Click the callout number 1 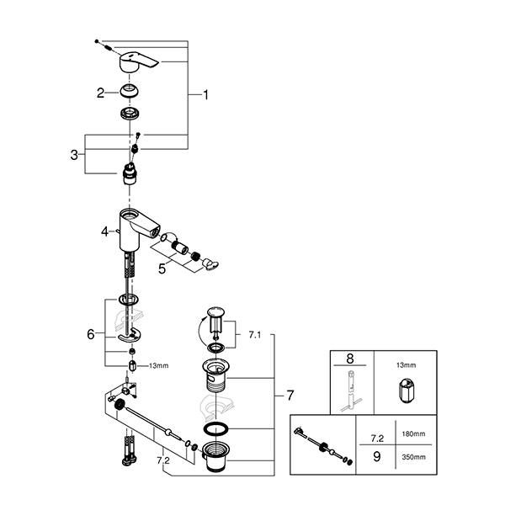205,95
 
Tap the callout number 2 100,93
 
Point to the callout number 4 104,229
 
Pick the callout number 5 162,271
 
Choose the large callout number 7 289,394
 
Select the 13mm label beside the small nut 158,365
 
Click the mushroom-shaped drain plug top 215,318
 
